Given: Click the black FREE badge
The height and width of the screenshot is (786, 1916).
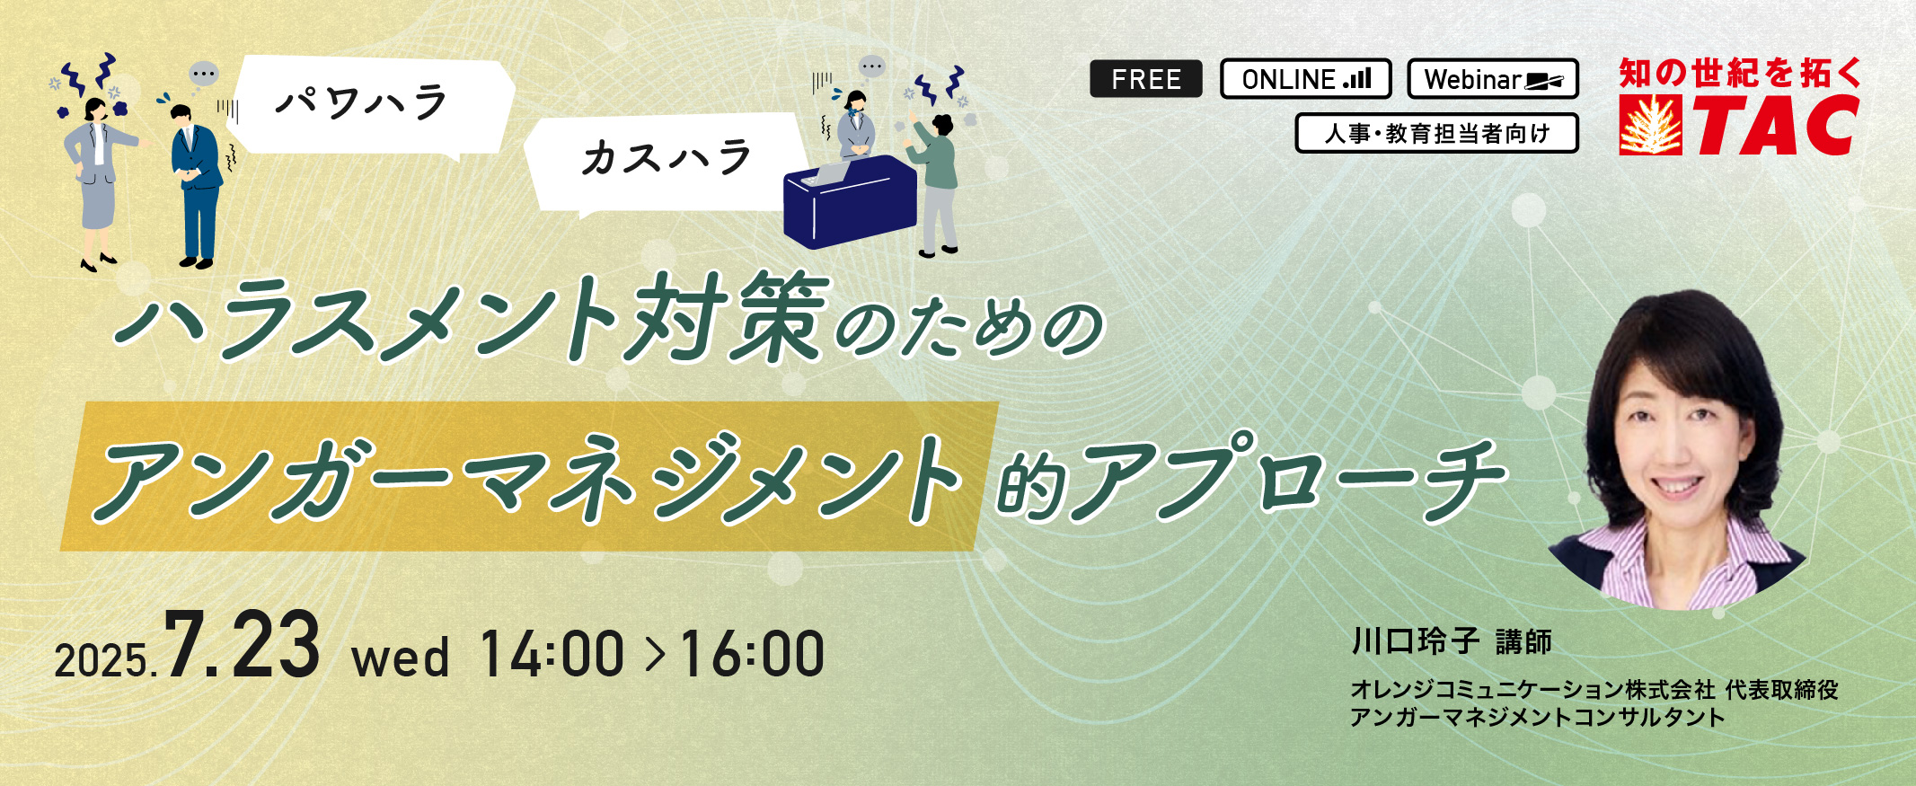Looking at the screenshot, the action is pos(1145,79).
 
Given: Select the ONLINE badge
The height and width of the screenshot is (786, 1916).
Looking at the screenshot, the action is pos(1305,79).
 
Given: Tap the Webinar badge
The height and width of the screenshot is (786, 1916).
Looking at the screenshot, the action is pos(1493,79).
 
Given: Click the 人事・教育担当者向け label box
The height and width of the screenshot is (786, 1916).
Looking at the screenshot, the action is pos(1436,133).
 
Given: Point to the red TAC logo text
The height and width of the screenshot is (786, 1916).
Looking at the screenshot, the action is pos(1777,126).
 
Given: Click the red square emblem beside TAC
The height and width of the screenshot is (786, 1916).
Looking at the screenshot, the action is pos(1651,126).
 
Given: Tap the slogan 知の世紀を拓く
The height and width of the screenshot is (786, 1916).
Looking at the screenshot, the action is pos(1740,73).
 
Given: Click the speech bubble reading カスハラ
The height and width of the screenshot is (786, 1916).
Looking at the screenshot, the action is pos(665,162).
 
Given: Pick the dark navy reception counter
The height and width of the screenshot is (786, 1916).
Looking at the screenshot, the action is pos(850,202).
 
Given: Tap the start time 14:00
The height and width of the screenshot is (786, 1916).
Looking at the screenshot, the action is pos(552,653).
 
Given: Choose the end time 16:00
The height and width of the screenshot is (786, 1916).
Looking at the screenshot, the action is pos(752,653).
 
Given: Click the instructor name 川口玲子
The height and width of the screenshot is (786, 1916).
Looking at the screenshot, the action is pos(1416,641).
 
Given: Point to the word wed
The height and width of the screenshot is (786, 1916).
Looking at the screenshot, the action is pos(401,658).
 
